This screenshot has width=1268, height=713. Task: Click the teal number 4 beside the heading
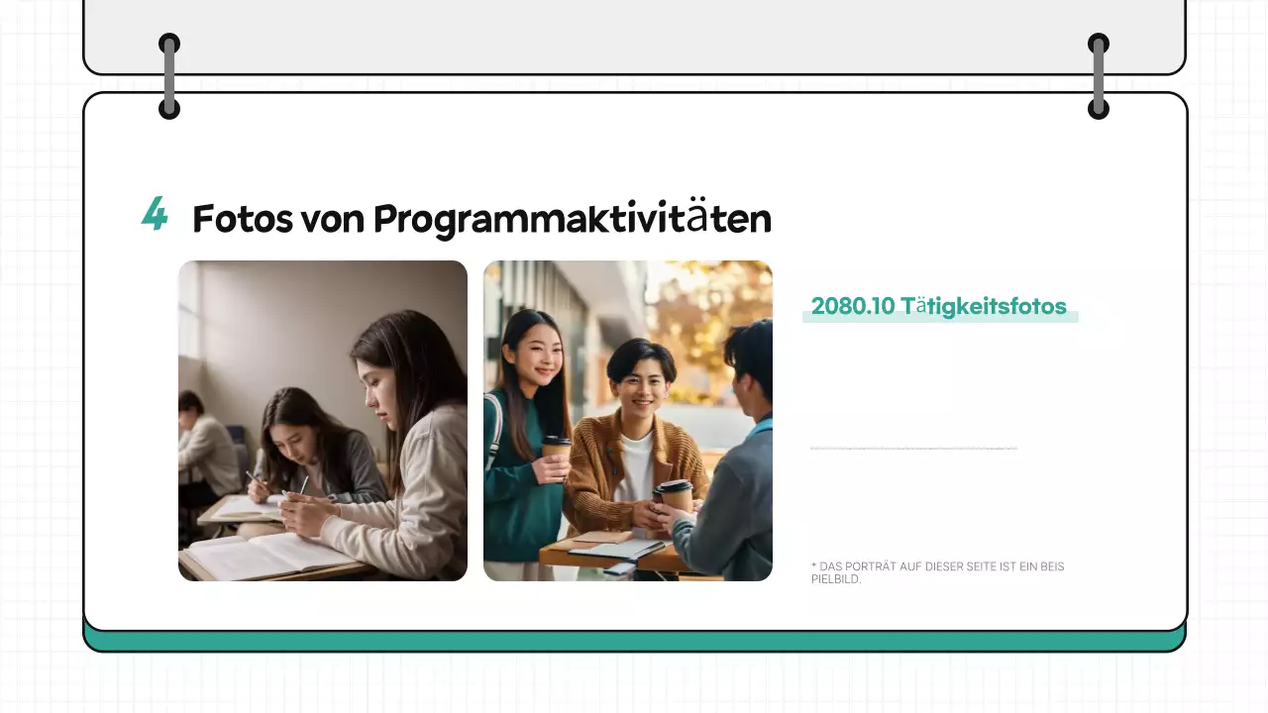155,214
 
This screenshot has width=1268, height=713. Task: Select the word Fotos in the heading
243,219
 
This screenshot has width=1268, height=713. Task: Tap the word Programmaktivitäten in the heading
572,220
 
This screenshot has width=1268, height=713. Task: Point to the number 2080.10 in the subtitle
852,307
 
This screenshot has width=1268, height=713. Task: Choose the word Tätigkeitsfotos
984,307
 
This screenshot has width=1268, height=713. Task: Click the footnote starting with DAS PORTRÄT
937,572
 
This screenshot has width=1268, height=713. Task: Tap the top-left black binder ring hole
169,45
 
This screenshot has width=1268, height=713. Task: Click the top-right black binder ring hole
1098,45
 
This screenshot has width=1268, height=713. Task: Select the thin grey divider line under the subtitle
913,449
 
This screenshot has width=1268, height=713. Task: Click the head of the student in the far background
190,403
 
